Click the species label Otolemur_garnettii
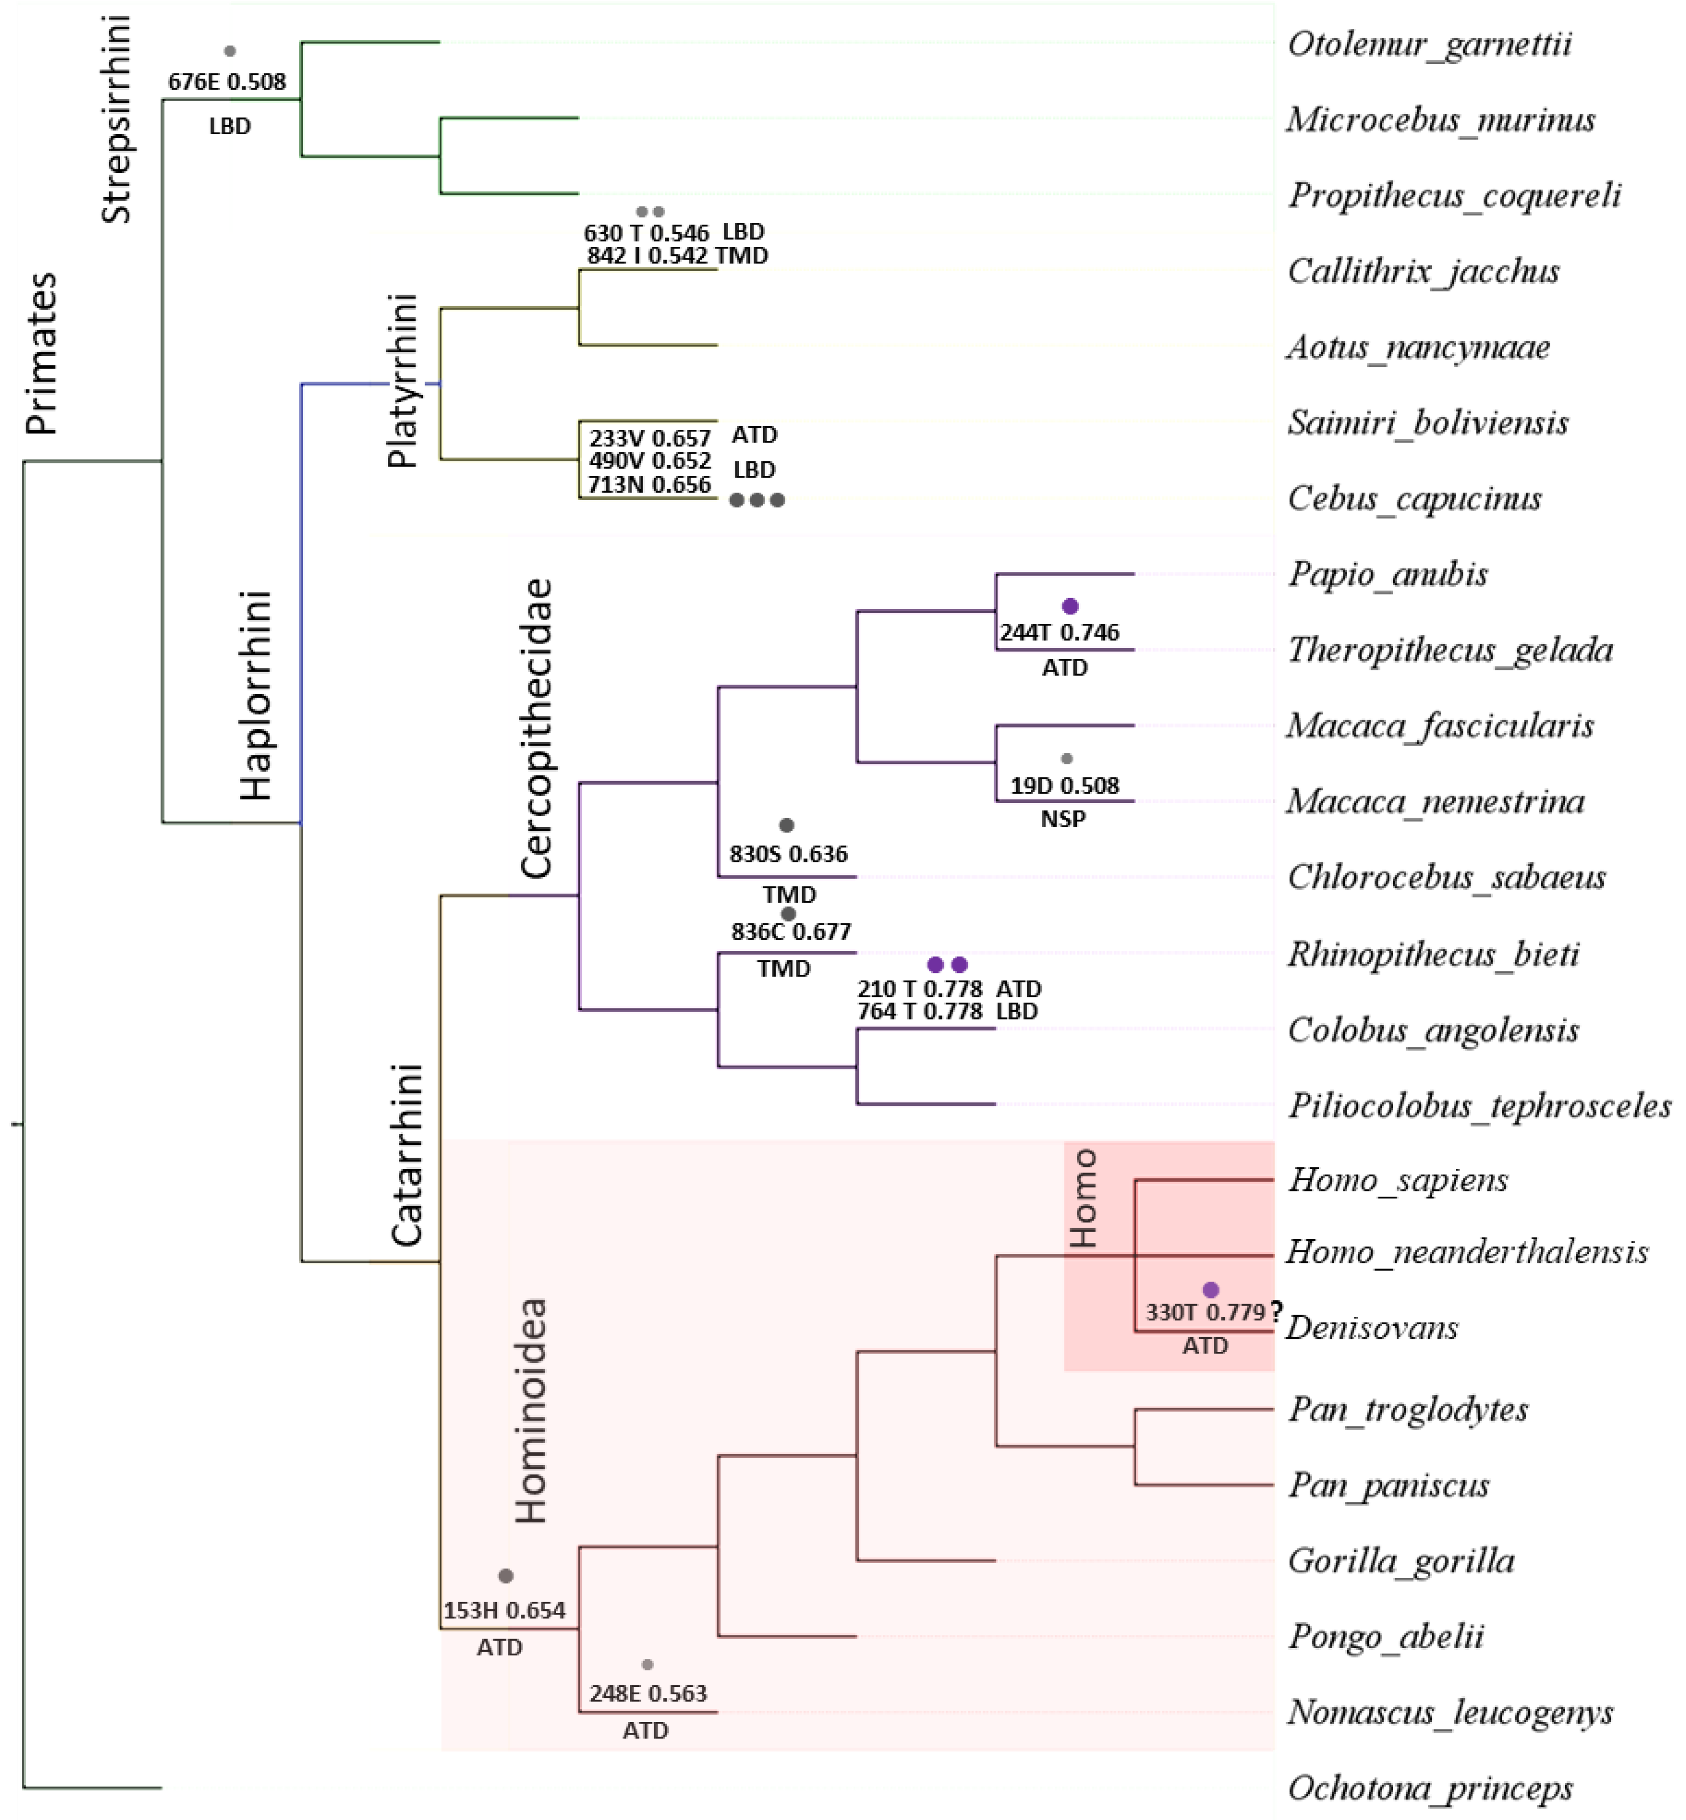pos(1430,44)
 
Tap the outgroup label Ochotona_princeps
pos(1430,1788)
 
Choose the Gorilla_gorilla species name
pos(1400,1561)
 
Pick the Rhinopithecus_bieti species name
pos(1432,954)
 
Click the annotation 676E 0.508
pos(227,82)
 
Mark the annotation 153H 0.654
pos(505,1611)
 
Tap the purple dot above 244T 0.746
pos(1071,606)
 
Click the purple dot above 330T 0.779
pos(1211,1290)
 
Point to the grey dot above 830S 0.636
pos(787,825)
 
